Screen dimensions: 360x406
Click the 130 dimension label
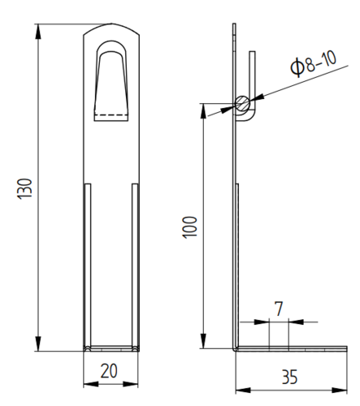click(24, 189)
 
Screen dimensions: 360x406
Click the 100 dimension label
click(189, 227)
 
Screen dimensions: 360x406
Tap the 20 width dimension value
click(109, 371)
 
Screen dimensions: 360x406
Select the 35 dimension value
click(289, 377)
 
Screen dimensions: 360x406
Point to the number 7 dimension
click(279, 309)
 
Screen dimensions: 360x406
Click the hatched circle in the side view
click(242, 103)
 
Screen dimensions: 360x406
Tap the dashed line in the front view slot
click(111, 115)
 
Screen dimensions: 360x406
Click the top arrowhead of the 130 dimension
click(38, 31)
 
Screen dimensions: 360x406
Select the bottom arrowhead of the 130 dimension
click(38, 343)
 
